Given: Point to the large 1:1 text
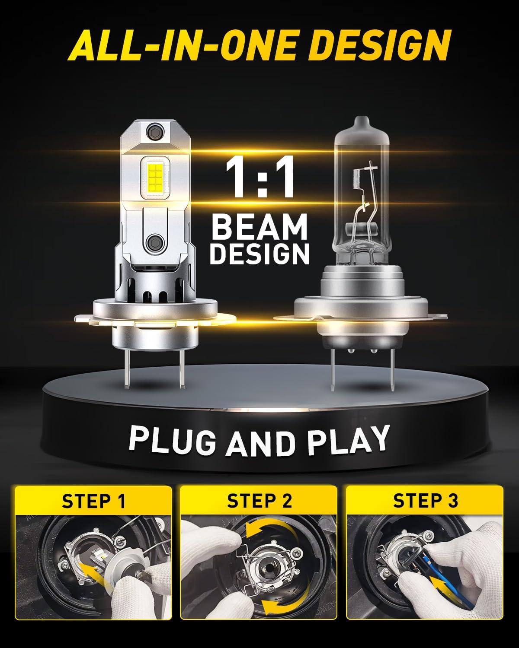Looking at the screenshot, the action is pyautogui.click(x=260, y=177).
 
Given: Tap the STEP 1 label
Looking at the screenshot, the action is pyautogui.click(x=93, y=501).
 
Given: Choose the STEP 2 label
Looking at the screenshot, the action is pyautogui.click(x=259, y=501).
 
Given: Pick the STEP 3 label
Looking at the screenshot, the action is pyautogui.click(x=425, y=501).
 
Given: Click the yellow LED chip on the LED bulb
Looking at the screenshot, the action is pyautogui.click(x=156, y=177).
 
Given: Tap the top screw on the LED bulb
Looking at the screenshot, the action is pyautogui.click(x=155, y=131).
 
